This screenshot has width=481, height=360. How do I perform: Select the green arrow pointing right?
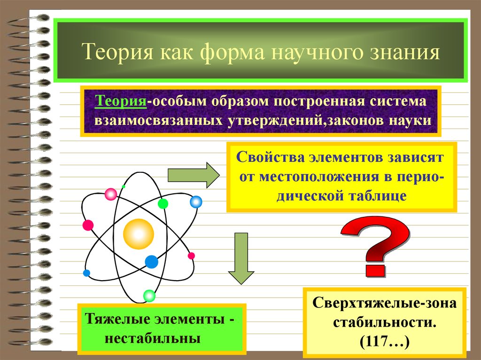click(x=193, y=175)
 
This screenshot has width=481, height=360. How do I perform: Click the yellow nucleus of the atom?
click(x=139, y=233)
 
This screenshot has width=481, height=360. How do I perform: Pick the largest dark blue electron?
click(x=151, y=261)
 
